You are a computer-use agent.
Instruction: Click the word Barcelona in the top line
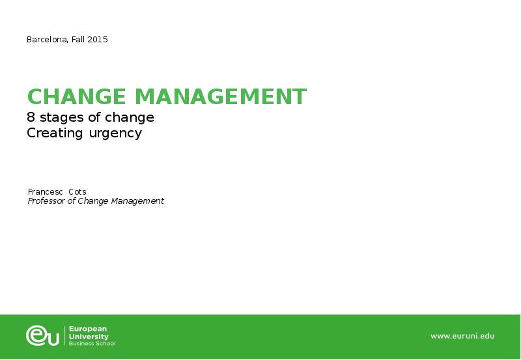[46, 40]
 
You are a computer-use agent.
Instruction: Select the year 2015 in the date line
[98, 40]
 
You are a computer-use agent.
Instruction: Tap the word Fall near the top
[78, 40]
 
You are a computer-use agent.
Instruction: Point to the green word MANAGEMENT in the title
[219, 97]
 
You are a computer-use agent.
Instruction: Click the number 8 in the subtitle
[31, 118]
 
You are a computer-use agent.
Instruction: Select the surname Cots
[77, 192]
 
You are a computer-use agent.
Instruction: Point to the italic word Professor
[46, 201]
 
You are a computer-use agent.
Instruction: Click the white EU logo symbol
[42, 336]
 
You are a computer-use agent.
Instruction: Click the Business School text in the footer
[92, 343]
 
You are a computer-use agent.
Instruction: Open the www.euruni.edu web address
[462, 336]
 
